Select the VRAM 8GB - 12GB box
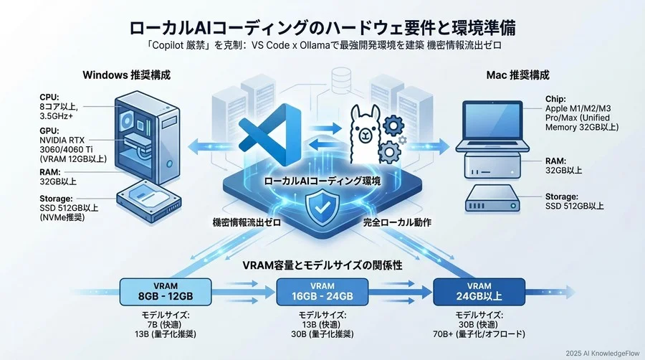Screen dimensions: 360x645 (x=166, y=293)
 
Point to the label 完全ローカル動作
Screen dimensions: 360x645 (x=398, y=223)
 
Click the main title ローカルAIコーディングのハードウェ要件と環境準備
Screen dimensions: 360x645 (x=322, y=28)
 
